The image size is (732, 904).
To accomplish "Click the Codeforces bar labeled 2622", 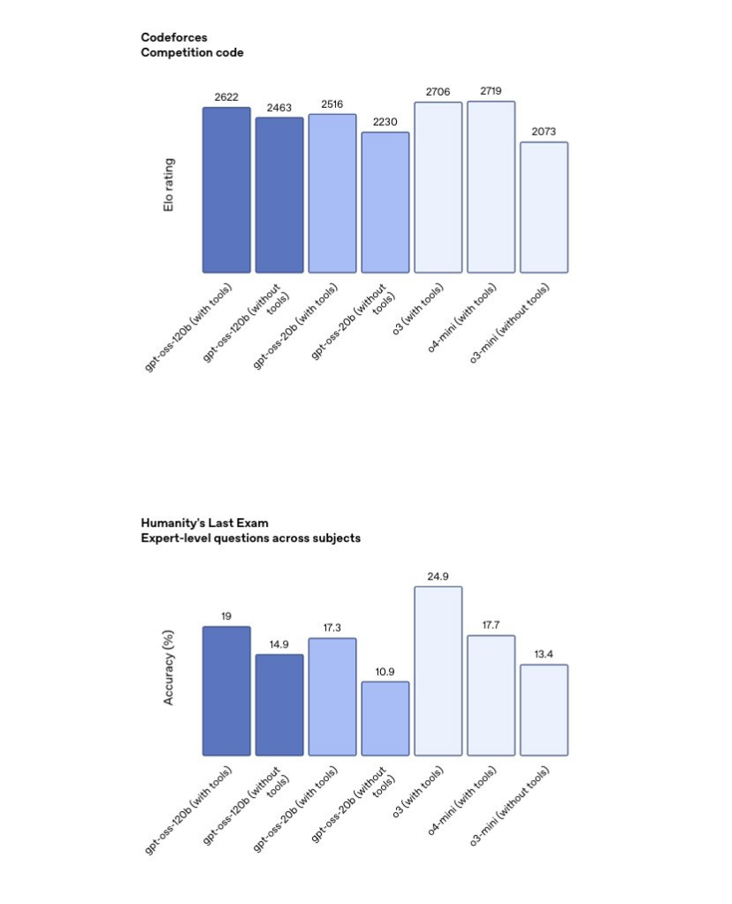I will pos(226,190).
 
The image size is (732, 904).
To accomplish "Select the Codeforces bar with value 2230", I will pos(385,203).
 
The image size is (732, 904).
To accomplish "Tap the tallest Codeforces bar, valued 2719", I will pos(491,187).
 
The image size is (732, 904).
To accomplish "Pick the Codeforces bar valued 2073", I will pos(544,207).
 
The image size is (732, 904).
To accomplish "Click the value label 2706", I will pos(438,92).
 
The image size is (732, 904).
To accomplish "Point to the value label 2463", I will pos(279,108).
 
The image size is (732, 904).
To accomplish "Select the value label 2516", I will pos(332,104).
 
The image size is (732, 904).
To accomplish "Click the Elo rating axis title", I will pos(169,185).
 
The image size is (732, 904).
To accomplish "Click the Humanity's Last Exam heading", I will pos(204,523).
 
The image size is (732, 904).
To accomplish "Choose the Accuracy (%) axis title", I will pos(169,667).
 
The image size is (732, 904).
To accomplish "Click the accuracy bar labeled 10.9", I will pos(385,718).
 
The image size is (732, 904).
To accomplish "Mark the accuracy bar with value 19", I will pos(226,691).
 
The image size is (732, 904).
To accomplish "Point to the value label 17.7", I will pos(491,625).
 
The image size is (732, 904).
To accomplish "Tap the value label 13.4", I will pos(544,655).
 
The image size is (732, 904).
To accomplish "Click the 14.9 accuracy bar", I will pos(279,705).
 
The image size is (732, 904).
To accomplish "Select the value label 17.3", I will pos(332,628).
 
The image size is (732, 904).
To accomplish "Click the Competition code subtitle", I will pos(192,53).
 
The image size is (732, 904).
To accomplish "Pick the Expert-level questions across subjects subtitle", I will pos(250,538).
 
